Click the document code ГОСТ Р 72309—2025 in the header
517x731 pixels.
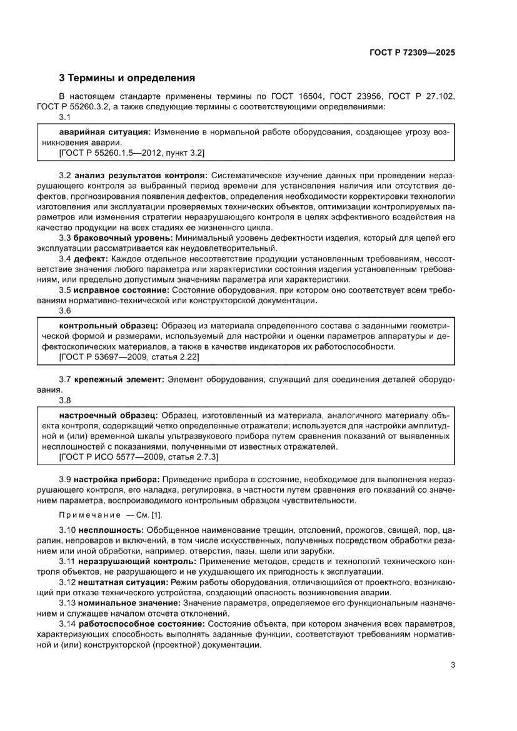click(411, 53)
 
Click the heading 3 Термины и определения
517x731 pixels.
click(127, 79)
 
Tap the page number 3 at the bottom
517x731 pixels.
click(453, 665)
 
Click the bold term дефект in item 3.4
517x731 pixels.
click(92, 259)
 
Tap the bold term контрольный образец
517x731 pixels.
click(108, 326)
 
